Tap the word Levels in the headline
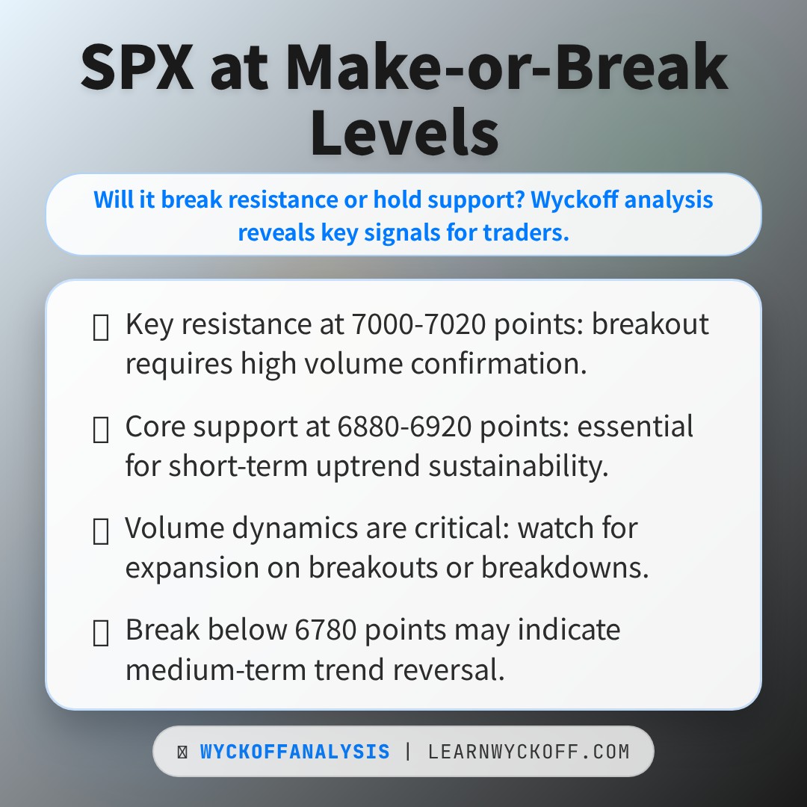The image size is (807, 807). [403, 132]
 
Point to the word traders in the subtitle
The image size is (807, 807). [531, 232]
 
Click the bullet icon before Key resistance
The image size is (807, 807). [101, 327]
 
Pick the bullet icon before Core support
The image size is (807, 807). [101, 429]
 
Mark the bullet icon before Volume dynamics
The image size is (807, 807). [101, 531]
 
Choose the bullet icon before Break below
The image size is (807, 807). [101, 632]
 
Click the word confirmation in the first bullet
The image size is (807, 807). [495, 365]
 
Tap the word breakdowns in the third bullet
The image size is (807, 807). [563, 568]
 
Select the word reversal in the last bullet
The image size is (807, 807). [451, 670]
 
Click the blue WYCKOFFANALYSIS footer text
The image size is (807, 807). [294, 752]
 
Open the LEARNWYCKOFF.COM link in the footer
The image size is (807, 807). [528, 752]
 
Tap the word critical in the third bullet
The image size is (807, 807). [448, 528]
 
